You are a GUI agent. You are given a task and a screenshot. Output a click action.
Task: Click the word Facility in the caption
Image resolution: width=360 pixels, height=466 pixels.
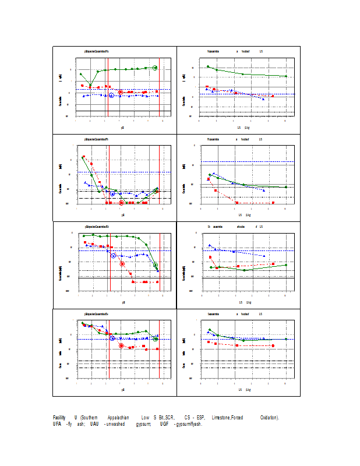(x=59, y=418)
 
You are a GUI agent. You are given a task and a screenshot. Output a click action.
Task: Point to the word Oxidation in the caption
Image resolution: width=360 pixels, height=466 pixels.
(x=269, y=418)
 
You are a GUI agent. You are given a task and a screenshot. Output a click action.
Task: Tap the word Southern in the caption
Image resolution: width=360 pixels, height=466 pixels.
(x=89, y=418)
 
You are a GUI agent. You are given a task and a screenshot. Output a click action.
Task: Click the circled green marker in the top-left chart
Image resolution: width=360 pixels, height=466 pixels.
(x=155, y=68)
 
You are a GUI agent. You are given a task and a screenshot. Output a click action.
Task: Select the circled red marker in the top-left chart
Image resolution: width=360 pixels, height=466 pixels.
(x=121, y=92)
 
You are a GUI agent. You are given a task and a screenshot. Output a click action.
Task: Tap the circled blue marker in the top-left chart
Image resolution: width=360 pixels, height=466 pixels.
(x=111, y=95)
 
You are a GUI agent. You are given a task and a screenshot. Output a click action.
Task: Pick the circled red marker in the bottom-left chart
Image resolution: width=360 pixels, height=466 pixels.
(x=121, y=345)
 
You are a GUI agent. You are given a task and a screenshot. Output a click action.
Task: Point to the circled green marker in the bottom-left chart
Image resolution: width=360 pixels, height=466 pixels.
(x=156, y=338)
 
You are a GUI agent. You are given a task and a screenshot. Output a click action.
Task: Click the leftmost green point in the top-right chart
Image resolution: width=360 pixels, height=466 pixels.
(x=208, y=66)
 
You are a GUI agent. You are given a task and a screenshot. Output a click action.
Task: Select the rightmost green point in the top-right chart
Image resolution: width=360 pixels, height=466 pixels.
(x=286, y=76)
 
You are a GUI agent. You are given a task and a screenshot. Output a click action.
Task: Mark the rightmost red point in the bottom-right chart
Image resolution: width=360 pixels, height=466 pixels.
(x=273, y=345)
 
